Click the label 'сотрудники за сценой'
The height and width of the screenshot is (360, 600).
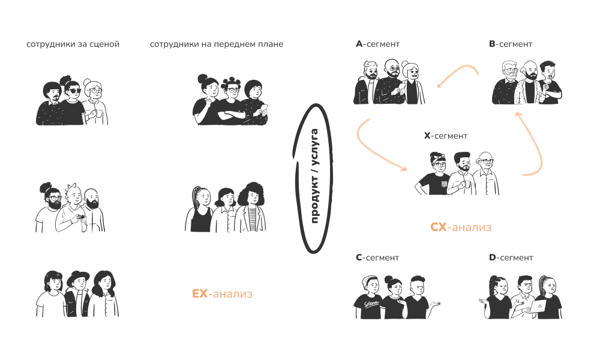coord(73,44)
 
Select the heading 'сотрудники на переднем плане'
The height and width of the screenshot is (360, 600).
coord(216,44)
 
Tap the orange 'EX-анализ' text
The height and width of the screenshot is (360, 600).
coord(222,294)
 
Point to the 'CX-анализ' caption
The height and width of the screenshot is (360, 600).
coord(461,227)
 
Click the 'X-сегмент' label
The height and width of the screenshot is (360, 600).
coord(446,136)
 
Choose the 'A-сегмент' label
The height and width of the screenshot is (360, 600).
coord(377,44)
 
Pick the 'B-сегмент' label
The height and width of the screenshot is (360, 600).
coord(511,44)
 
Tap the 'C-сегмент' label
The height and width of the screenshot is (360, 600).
coord(377,258)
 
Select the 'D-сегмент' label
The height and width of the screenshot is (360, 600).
coord(511,258)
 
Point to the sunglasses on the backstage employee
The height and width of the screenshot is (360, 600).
coord(73,91)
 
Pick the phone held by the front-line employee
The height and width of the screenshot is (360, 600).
coord(265,107)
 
